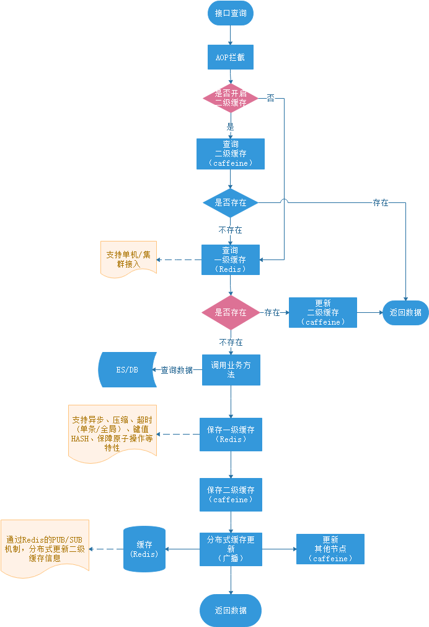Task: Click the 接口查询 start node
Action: click(x=230, y=13)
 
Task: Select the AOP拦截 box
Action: click(x=230, y=57)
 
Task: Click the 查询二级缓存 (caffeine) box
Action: click(x=230, y=153)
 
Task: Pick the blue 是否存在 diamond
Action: click(x=230, y=202)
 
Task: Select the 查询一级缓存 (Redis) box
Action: click(x=230, y=259)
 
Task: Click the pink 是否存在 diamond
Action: click(x=230, y=312)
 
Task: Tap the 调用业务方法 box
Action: click(x=230, y=370)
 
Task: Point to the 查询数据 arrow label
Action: click(x=177, y=370)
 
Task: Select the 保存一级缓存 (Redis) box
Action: click(x=230, y=434)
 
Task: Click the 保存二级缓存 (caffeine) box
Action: click(x=230, y=494)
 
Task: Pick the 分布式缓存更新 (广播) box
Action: click(x=230, y=549)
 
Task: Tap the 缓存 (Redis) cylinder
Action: click(x=144, y=549)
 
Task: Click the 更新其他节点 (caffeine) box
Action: click(x=330, y=549)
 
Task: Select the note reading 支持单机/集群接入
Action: click(x=128, y=259)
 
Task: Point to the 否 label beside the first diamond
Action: click(x=270, y=98)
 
